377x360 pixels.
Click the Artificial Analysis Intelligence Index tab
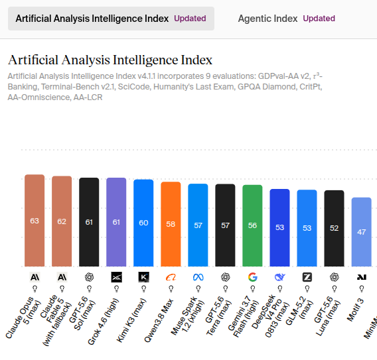point(111,19)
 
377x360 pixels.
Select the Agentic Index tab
point(286,19)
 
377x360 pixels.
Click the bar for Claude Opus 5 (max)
point(35,221)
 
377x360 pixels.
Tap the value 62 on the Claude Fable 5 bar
point(62,221)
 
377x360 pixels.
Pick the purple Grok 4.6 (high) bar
point(116,222)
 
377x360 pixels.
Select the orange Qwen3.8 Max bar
point(171,224)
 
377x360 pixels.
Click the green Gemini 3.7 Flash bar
point(252,225)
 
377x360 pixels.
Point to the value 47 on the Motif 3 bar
point(361,232)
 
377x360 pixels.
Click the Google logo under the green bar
point(252,277)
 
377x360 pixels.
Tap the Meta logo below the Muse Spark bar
point(198,277)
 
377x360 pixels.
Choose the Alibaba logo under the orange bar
point(171,277)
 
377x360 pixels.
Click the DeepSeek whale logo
point(280,277)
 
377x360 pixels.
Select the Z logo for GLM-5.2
point(307,277)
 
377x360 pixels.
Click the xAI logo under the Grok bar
point(116,277)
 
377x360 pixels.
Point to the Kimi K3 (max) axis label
point(131,320)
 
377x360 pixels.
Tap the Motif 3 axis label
point(355,310)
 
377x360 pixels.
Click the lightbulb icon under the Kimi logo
point(143,288)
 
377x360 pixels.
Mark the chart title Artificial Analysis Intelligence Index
point(110,60)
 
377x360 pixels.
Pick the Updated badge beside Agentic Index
point(319,19)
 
